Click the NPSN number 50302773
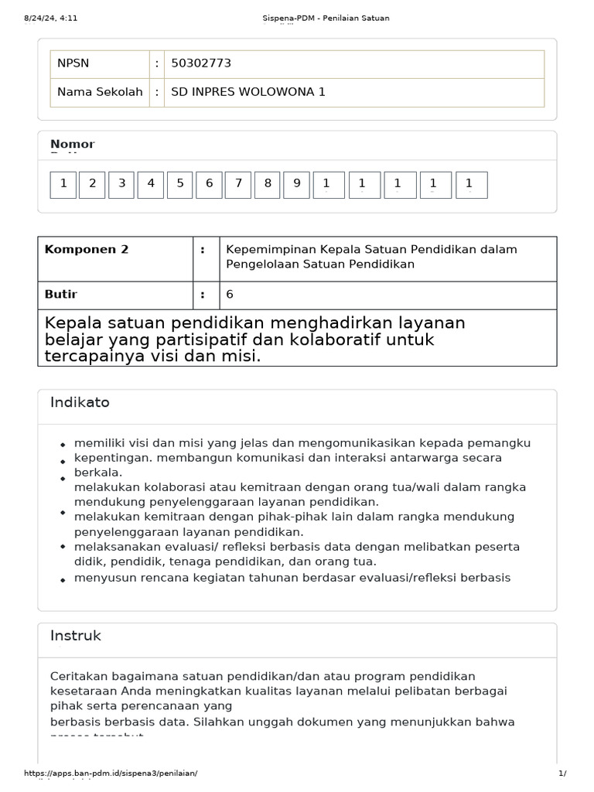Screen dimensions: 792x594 click(x=201, y=63)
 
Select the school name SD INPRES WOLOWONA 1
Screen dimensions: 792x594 click(x=248, y=92)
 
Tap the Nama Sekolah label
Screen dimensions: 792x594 click(x=100, y=92)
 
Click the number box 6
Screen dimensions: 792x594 click(x=209, y=184)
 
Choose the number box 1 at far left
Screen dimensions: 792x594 click(x=63, y=184)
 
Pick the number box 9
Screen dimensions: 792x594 click(x=296, y=184)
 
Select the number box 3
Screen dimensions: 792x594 click(x=121, y=184)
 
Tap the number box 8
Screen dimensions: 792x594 click(x=268, y=184)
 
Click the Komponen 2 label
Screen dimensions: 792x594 click(x=87, y=249)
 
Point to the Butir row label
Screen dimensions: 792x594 click(x=61, y=295)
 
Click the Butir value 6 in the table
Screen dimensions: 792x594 click(x=230, y=295)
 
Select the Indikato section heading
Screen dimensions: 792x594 click(x=80, y=402)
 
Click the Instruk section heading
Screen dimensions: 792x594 click(x=75, y=636)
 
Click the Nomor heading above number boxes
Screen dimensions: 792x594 click(x=72, y=144)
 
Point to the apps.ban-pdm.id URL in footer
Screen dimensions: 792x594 click(x=111, y=773)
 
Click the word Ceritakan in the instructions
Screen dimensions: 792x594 click(x=77, y=677)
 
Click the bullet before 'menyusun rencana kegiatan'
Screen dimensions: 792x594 click(x=63, y=580)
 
